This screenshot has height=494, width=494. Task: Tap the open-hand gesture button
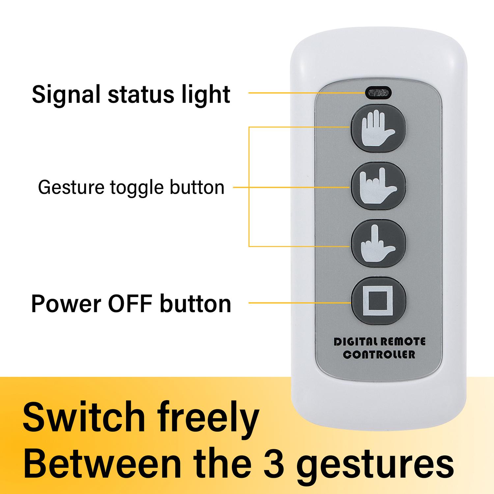378,128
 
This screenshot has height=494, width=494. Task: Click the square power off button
378,301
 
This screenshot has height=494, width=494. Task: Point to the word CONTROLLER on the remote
379,355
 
